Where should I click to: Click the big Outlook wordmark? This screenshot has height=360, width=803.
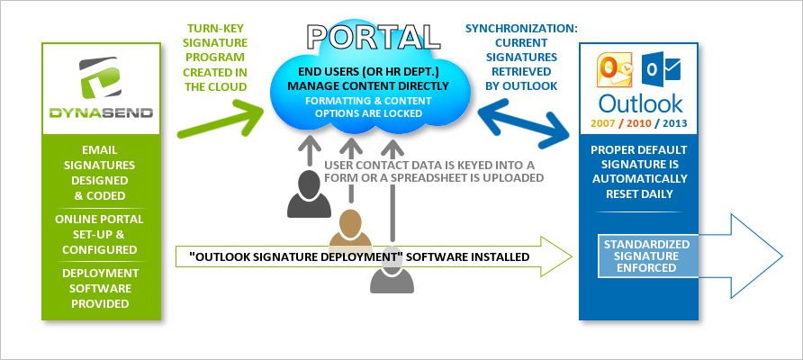coord(640,103)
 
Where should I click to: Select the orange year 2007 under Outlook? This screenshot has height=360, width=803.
coord(603,123)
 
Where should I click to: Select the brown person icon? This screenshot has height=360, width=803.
coord(350,229)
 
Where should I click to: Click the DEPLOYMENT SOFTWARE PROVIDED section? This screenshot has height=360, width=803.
coord(101,288)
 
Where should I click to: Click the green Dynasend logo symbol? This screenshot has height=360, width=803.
coord(100,78)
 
